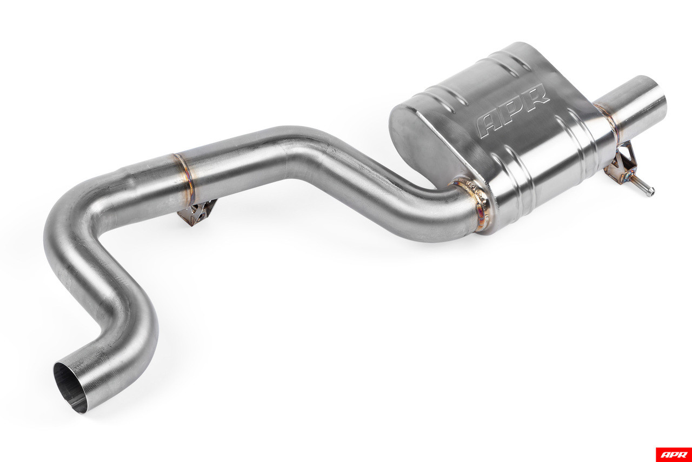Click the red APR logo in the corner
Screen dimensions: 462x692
coord(673,454)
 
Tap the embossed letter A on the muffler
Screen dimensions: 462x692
coord(489,124)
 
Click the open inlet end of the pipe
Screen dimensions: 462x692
coord(70,386)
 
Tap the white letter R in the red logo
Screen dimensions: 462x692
coord(682,454)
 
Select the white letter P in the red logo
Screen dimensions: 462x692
coord(673,454)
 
